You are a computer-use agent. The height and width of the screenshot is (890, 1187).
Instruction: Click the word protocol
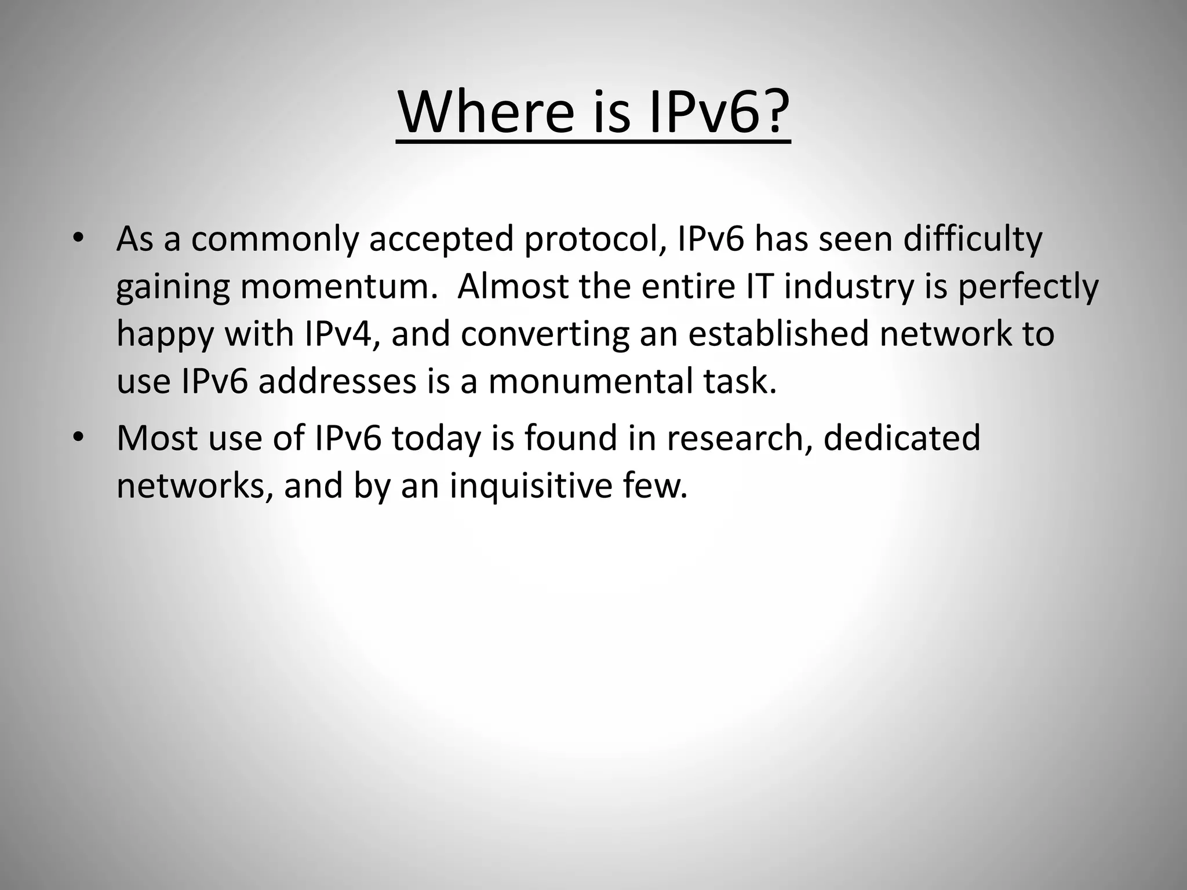point(594,240)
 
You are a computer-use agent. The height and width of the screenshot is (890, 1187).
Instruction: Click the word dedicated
point(902,438)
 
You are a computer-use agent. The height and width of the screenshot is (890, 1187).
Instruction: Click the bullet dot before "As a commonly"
point(79,239)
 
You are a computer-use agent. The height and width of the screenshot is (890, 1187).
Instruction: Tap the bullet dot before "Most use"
point(79,438)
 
